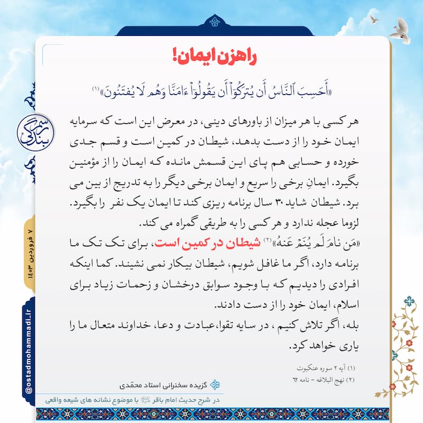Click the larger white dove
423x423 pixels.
coord(400,30)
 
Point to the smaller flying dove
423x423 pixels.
coord(374,20)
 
